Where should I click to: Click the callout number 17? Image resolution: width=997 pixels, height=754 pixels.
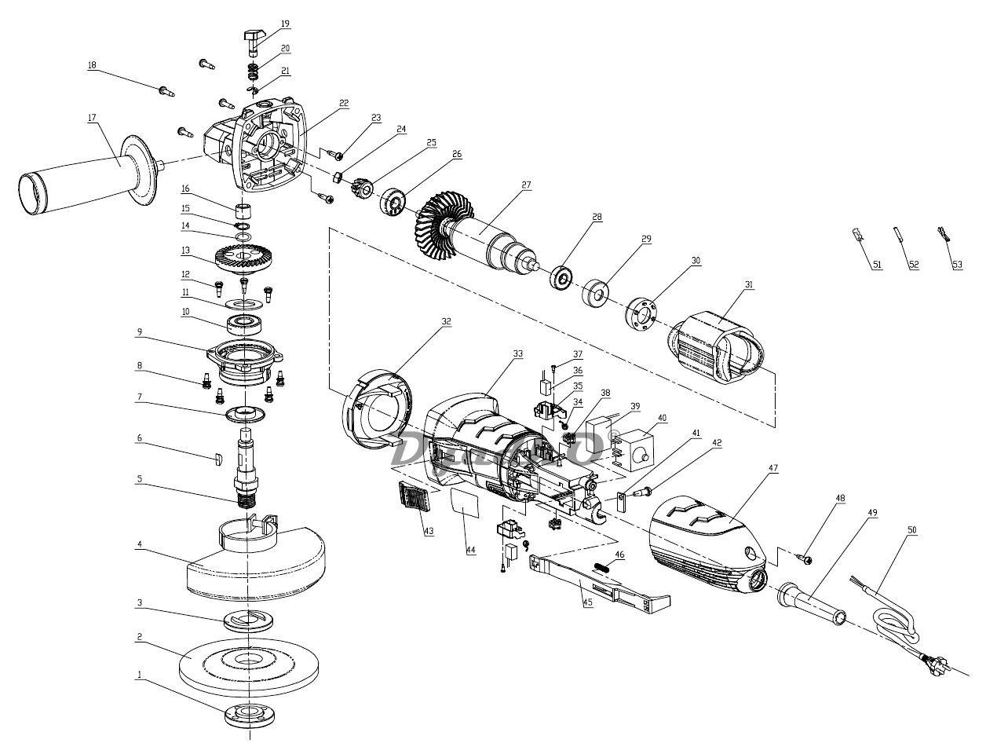[92, 118]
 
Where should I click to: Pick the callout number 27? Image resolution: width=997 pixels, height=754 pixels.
[526, 185]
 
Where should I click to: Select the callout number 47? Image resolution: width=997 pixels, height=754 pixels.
[773, 468]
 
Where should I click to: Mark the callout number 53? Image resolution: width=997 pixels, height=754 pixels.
[957, 265]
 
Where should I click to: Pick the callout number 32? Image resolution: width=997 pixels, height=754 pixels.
[446, 321]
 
